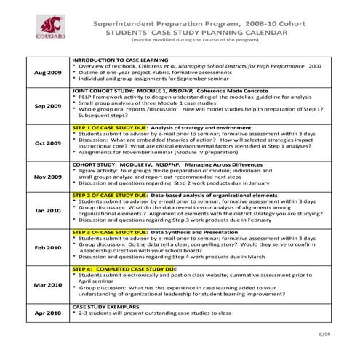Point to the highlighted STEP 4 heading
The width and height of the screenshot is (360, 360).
point(124,268)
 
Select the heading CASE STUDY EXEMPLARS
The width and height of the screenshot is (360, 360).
point(102,307)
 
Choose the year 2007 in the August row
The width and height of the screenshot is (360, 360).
point(314,65)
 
